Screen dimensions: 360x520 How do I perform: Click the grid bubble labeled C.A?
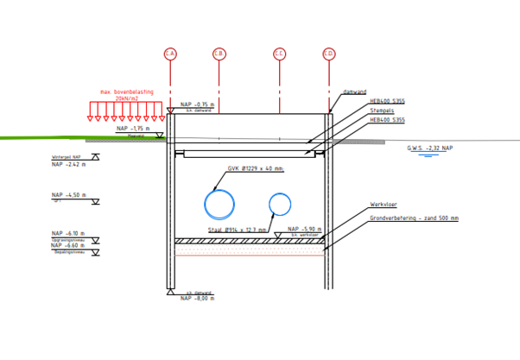(x=170, y=54)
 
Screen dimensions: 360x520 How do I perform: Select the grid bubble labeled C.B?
(x=219, y=54)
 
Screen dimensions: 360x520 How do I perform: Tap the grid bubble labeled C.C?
(x=279, y=54)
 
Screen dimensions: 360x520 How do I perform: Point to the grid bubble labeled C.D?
(x=329, y=54)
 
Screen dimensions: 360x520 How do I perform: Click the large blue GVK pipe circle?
(x=219, y=205)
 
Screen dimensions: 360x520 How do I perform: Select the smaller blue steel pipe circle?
(x=280, y=205)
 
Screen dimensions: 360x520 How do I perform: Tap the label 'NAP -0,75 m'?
(x=197, y=104)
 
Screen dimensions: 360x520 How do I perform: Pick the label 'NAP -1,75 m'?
(x=133, y=129)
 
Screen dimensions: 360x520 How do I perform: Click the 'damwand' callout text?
(x=378, y=92)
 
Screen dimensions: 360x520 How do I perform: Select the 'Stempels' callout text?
(x=382, y=111)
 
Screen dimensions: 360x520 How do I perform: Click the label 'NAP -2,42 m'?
(x=68, y=164)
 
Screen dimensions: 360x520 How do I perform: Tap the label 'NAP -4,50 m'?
(x=68, y=195)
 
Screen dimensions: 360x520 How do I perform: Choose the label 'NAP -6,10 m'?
(x=68, y=233)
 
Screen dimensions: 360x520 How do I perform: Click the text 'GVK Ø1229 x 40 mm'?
(x=256, y=169)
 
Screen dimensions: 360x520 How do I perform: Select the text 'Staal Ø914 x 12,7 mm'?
(x=238, y=231)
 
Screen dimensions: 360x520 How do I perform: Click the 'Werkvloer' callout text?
(x=384, y=205)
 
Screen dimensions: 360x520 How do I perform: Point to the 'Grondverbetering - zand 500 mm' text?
(x=414, y=218)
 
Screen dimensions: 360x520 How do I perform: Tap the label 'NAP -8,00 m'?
(x=198, y=298)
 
